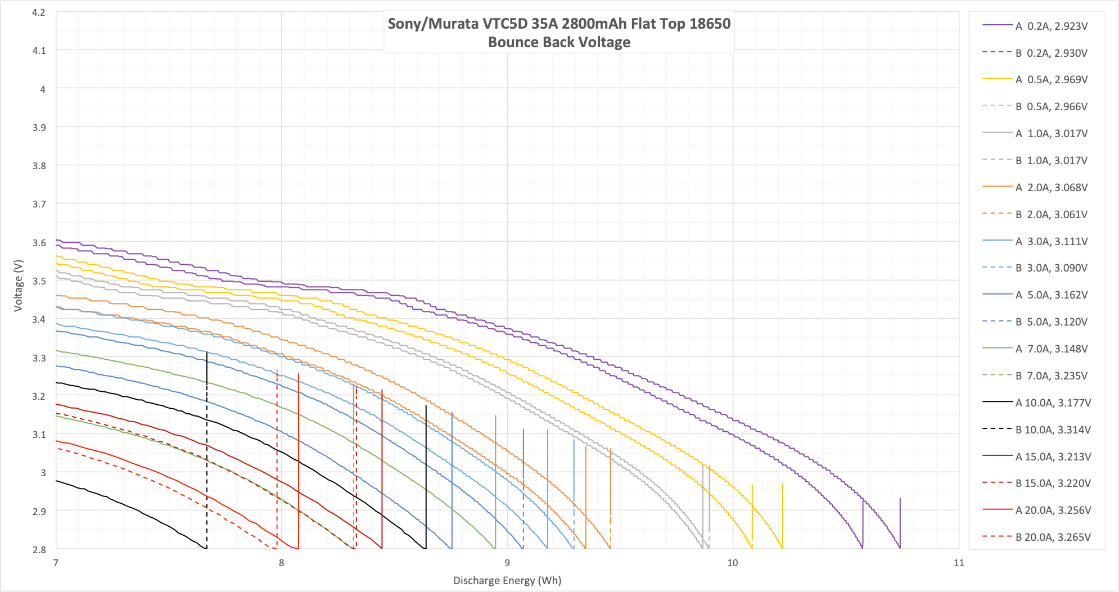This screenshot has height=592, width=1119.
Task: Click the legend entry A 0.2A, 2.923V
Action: point(1051,26)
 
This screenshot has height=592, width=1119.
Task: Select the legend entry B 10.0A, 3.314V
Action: point(1053,430)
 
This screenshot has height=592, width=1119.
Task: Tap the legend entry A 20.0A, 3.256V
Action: point(1053,510)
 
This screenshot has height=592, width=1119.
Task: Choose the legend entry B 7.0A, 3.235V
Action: point(1051,376)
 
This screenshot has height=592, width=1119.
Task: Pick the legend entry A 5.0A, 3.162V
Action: point(1051,295)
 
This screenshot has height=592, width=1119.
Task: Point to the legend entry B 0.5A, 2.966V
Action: point(1051,106)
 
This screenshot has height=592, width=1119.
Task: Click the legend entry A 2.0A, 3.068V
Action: point(1051,187)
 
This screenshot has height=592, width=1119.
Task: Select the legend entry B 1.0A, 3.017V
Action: point(1051,160)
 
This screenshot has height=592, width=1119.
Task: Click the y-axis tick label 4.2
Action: point(39,12)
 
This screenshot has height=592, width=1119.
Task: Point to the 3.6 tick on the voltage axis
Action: point(39,243)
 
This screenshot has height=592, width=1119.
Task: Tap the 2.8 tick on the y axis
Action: point(39,549)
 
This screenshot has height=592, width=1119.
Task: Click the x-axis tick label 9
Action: point(507,563)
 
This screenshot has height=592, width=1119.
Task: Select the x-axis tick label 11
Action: point(958,563)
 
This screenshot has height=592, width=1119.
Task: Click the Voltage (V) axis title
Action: point(19,285)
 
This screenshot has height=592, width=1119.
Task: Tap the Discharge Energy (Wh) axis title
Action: point(507,580)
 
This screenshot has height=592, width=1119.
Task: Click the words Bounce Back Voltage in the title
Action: point(559,42)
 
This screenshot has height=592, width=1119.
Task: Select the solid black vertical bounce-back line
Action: point(426,478)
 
